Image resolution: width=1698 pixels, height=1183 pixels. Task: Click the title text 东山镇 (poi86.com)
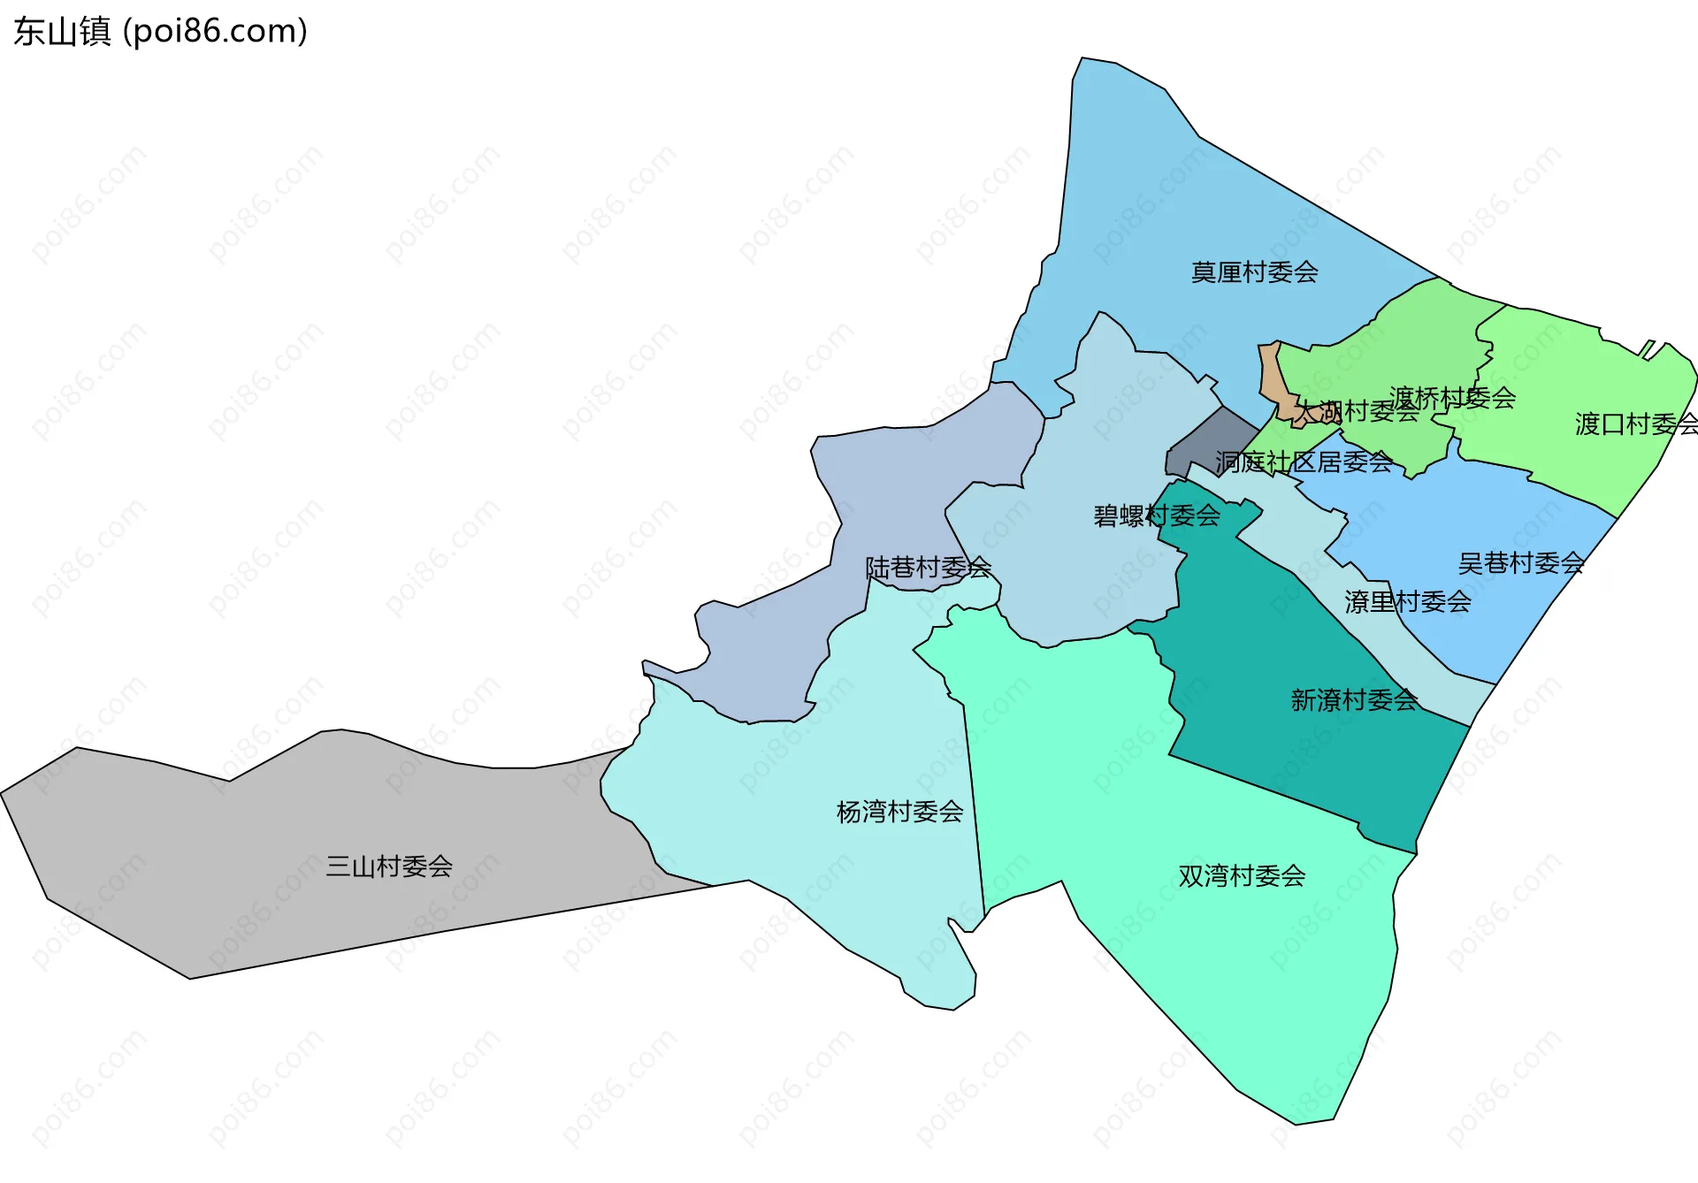(160, 31)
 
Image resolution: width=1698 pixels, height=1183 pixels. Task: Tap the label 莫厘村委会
(1254, 272)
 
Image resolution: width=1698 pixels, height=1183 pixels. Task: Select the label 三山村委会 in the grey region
(389, 866)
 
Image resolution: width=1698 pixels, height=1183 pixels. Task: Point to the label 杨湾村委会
(899, 812)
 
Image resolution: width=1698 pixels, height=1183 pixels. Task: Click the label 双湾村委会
(1242, 876)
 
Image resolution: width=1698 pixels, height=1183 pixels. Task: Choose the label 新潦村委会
(1354, 700)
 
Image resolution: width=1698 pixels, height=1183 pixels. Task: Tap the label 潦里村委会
(1408, 602)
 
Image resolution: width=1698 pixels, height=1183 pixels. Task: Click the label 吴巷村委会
(1520, 563)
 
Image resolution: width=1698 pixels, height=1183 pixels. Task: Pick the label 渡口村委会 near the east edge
(1635, 424)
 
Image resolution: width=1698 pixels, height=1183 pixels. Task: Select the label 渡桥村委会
(1452, 398)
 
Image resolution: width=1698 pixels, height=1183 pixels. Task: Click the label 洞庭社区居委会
(1304, 462)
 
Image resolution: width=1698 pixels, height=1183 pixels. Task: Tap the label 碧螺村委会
(1157, 515)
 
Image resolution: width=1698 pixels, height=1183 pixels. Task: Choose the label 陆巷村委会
(928, 568)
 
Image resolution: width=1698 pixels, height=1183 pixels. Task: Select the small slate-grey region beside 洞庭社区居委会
(1207, 442)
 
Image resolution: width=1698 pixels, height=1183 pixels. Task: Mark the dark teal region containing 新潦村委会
(1282, 725)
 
